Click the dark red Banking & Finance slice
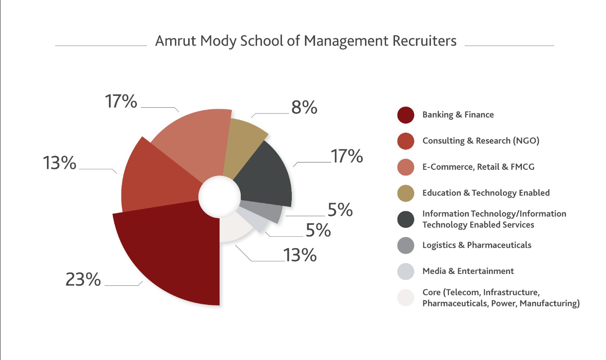click(x=175, y=253)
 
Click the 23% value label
click(x=83, y=280)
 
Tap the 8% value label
click(x=304, y=107)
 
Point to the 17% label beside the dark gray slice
click(x=347, y=156)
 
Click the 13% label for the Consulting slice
click(x=60, y=163)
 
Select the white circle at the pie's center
click(x=220, y=196)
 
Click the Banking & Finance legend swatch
click(x=406, y=115)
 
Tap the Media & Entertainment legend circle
click(x=406, y=271)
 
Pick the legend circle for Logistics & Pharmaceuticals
click(x=406, y=245)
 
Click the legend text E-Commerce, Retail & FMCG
click(x=478, y=167)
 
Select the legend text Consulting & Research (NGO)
click(x=481, y=141)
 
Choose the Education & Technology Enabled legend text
click(x=486, y=193)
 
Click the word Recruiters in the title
click(x=424, y=41)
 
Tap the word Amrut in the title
click(x=176, y=41)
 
